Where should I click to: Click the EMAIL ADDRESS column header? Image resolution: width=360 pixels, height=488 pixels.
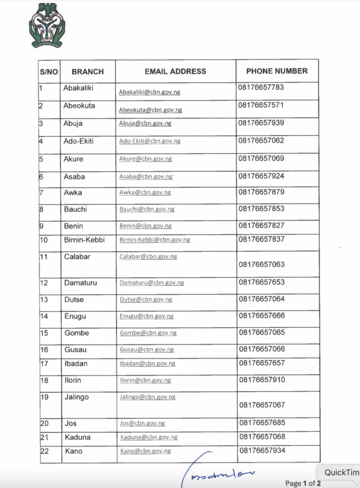click(175, 71)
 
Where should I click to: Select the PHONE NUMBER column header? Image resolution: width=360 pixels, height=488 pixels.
click(277, 71)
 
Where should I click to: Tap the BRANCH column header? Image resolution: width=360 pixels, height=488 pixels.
click(87, 71)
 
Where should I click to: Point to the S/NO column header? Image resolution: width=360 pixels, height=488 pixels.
click(49, 71)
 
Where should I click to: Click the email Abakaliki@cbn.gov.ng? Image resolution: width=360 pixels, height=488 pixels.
click(150, 92)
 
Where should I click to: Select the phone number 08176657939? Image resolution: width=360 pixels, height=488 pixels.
click(261, 123)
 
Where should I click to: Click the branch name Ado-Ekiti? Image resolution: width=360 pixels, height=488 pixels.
click(79, 141)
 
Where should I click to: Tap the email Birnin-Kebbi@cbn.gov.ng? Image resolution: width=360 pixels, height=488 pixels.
click(155, 239)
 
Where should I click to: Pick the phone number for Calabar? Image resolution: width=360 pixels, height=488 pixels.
click(261, 265)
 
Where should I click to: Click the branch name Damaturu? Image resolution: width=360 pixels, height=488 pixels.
click(80, 283)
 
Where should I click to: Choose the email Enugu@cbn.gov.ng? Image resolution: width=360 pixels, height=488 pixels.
click(146, 316)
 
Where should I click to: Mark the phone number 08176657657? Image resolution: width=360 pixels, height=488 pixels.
click(261, 363)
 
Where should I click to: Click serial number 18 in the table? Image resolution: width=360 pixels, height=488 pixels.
click(44, 381)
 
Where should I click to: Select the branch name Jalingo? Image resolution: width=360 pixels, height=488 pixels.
click(76, 397)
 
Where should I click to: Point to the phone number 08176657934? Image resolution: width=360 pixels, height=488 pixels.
click(261, 450)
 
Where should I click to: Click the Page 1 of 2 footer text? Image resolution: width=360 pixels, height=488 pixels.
click(303, 483)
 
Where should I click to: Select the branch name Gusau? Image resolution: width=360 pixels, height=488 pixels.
click(75, 350)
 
